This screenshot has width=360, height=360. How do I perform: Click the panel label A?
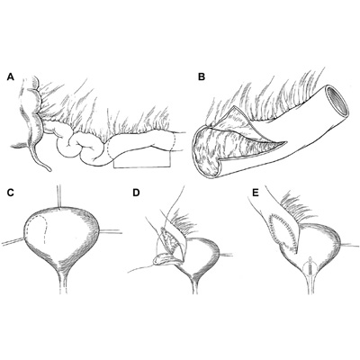point(11,77)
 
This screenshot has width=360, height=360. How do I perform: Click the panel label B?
point(202,77)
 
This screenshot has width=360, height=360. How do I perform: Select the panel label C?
point(11,193)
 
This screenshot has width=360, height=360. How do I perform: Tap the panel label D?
point(136,193)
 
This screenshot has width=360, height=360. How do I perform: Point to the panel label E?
point(256,193)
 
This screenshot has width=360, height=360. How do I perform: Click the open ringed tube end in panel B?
point(337,100)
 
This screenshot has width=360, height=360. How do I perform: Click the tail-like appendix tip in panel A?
point(49,169)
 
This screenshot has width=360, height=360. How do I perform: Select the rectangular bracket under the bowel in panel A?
point(142,166)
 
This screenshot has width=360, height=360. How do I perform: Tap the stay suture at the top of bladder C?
point(59,196)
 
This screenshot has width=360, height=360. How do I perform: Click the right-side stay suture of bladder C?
point(111,231)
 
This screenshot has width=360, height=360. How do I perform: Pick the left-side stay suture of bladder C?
point(13,241)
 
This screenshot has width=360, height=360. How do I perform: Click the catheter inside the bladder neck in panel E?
point(310,267)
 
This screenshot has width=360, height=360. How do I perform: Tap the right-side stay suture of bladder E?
point(349,245)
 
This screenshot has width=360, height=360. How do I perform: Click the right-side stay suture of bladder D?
point(226,255)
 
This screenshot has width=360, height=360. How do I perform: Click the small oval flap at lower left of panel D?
point(163,259)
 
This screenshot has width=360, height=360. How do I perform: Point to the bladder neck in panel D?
point(195,281)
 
